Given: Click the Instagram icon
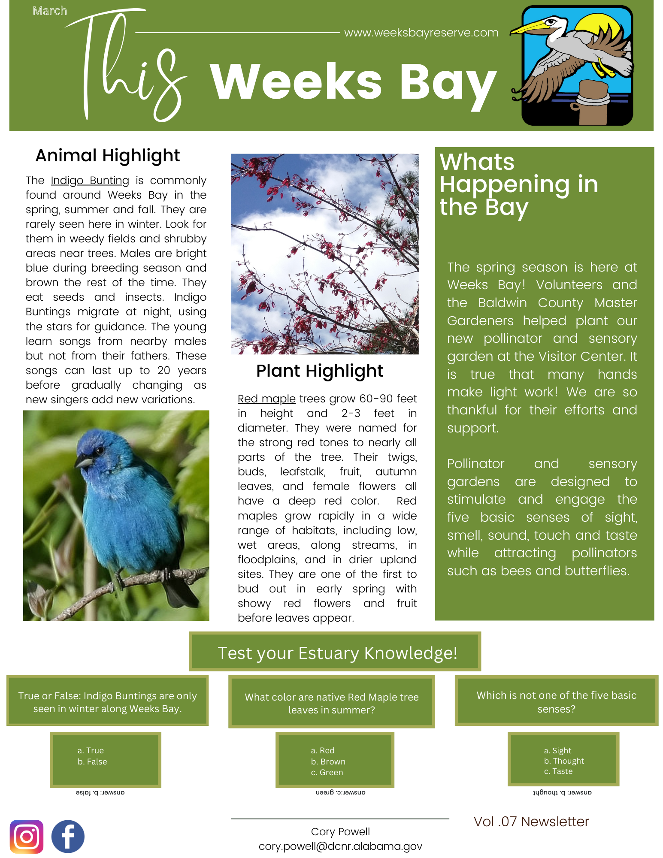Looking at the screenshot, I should [27, 836].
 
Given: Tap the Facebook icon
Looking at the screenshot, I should [68, 836].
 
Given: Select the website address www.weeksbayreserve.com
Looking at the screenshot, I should [421, 33].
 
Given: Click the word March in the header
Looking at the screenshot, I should [50, 11].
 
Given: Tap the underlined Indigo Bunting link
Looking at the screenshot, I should [90, 181].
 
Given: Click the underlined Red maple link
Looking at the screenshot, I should [266, 399].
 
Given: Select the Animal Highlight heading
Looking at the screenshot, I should [108, 155].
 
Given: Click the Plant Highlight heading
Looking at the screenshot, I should [320, 371].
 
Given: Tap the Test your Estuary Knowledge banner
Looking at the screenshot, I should [337, 653].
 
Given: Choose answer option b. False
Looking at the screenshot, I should [92, 761].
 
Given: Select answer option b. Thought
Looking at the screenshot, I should [564, 761].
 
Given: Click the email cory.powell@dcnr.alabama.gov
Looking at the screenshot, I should [340, 846].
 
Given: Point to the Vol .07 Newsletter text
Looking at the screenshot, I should [531, 821].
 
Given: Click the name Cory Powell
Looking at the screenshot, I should [340, 831].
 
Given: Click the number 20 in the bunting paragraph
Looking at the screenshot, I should [163, 370].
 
